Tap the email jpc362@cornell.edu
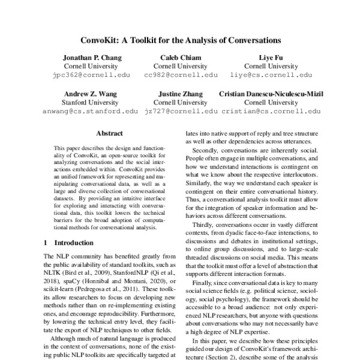click(92, 76)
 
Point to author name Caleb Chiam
click(181, 58)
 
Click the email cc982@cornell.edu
click(181, 76)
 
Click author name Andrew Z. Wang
click(92, 94)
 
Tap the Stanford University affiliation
click(92, 103)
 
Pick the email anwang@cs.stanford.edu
click(92, 112)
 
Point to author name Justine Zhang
click(181, 94)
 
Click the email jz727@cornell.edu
click(181, 112)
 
